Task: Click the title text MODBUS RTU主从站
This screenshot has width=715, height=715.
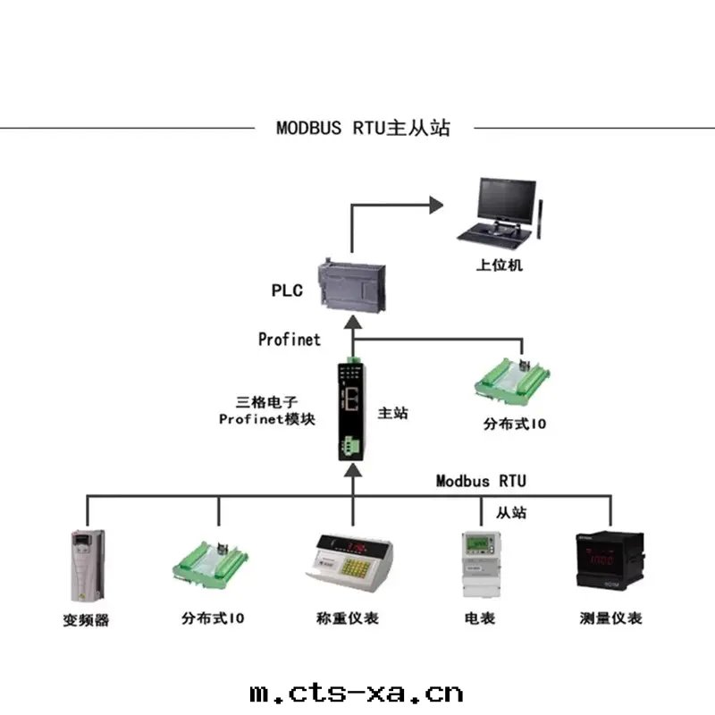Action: (363, 128)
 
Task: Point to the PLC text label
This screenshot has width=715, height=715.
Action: (287, 290)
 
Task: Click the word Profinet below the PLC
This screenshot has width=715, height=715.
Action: (289, 340)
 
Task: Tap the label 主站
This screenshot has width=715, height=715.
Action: (393, 413)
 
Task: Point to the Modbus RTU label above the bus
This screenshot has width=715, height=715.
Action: (481, 481)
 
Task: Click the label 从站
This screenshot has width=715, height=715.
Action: (511, 513)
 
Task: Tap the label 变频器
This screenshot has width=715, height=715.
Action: (87, 619)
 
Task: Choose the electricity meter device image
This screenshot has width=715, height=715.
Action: (479, 565)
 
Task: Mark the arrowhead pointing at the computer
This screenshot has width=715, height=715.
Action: (436, 205)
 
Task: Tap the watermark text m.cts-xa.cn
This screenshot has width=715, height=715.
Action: (356, 692)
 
